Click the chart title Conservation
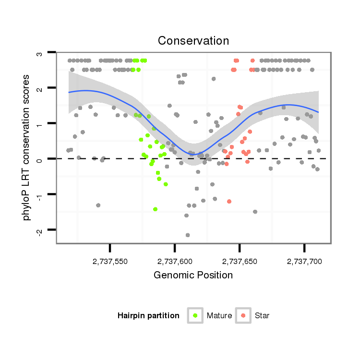click(194, 40)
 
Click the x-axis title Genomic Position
click(193, 276)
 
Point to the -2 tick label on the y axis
click(40, 231)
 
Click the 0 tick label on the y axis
click(40, 159)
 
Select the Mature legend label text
click(219, 316)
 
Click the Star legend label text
click(262, 316)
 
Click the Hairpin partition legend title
click(148, 316)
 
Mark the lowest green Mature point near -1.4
click(156, 209)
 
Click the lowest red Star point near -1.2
click(229, 202)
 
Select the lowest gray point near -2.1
click(188, 235)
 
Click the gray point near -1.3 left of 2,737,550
click(98, 205)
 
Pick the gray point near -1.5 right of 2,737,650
click(255, 212)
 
